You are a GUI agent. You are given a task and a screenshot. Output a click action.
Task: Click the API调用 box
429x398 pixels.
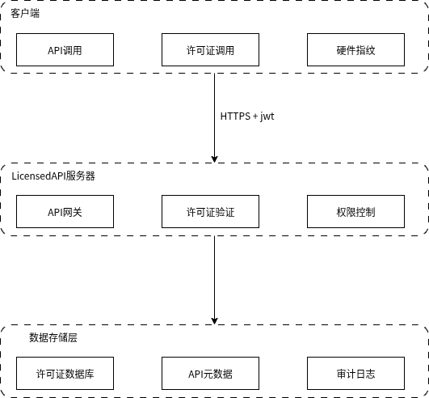pos(65,49)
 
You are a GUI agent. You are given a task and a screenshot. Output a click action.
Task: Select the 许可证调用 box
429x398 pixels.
pos(210,49)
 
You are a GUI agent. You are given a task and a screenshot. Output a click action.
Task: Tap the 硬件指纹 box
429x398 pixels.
pos(355,49)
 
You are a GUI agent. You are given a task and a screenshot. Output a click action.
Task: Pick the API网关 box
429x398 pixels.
pos(65,211)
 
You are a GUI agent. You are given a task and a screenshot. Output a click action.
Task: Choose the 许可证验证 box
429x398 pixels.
pos(210,211)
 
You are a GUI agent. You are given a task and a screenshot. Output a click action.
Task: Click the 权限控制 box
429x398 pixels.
pos(355,211)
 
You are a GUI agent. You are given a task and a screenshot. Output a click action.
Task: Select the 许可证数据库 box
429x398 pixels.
pos(65,373)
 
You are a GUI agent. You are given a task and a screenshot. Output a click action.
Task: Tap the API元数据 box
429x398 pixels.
pos(210,373)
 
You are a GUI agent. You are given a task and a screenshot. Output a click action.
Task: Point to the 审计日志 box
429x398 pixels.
pos(355,373)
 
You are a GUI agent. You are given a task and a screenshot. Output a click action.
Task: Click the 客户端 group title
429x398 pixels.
pos(25,13)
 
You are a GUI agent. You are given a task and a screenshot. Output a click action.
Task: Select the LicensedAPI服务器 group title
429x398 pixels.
pos(53,176)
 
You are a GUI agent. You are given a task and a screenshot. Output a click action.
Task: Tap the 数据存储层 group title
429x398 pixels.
pos(53,337)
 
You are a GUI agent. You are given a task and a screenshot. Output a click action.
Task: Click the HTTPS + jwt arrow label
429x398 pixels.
pos(247,116)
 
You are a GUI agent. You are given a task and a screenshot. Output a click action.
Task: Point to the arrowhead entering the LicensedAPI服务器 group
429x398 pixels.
pos(215,159)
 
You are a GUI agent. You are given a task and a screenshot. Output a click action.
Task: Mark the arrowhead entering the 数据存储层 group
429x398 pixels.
pos(215,321)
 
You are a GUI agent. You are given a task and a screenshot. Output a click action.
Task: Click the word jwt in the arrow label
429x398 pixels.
pos(267,116)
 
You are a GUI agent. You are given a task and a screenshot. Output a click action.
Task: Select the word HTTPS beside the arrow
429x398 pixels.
pos(235,116)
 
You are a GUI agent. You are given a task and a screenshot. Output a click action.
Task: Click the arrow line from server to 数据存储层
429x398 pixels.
pos(215,280)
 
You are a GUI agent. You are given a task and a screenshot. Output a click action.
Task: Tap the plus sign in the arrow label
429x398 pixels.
pos(255,116)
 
